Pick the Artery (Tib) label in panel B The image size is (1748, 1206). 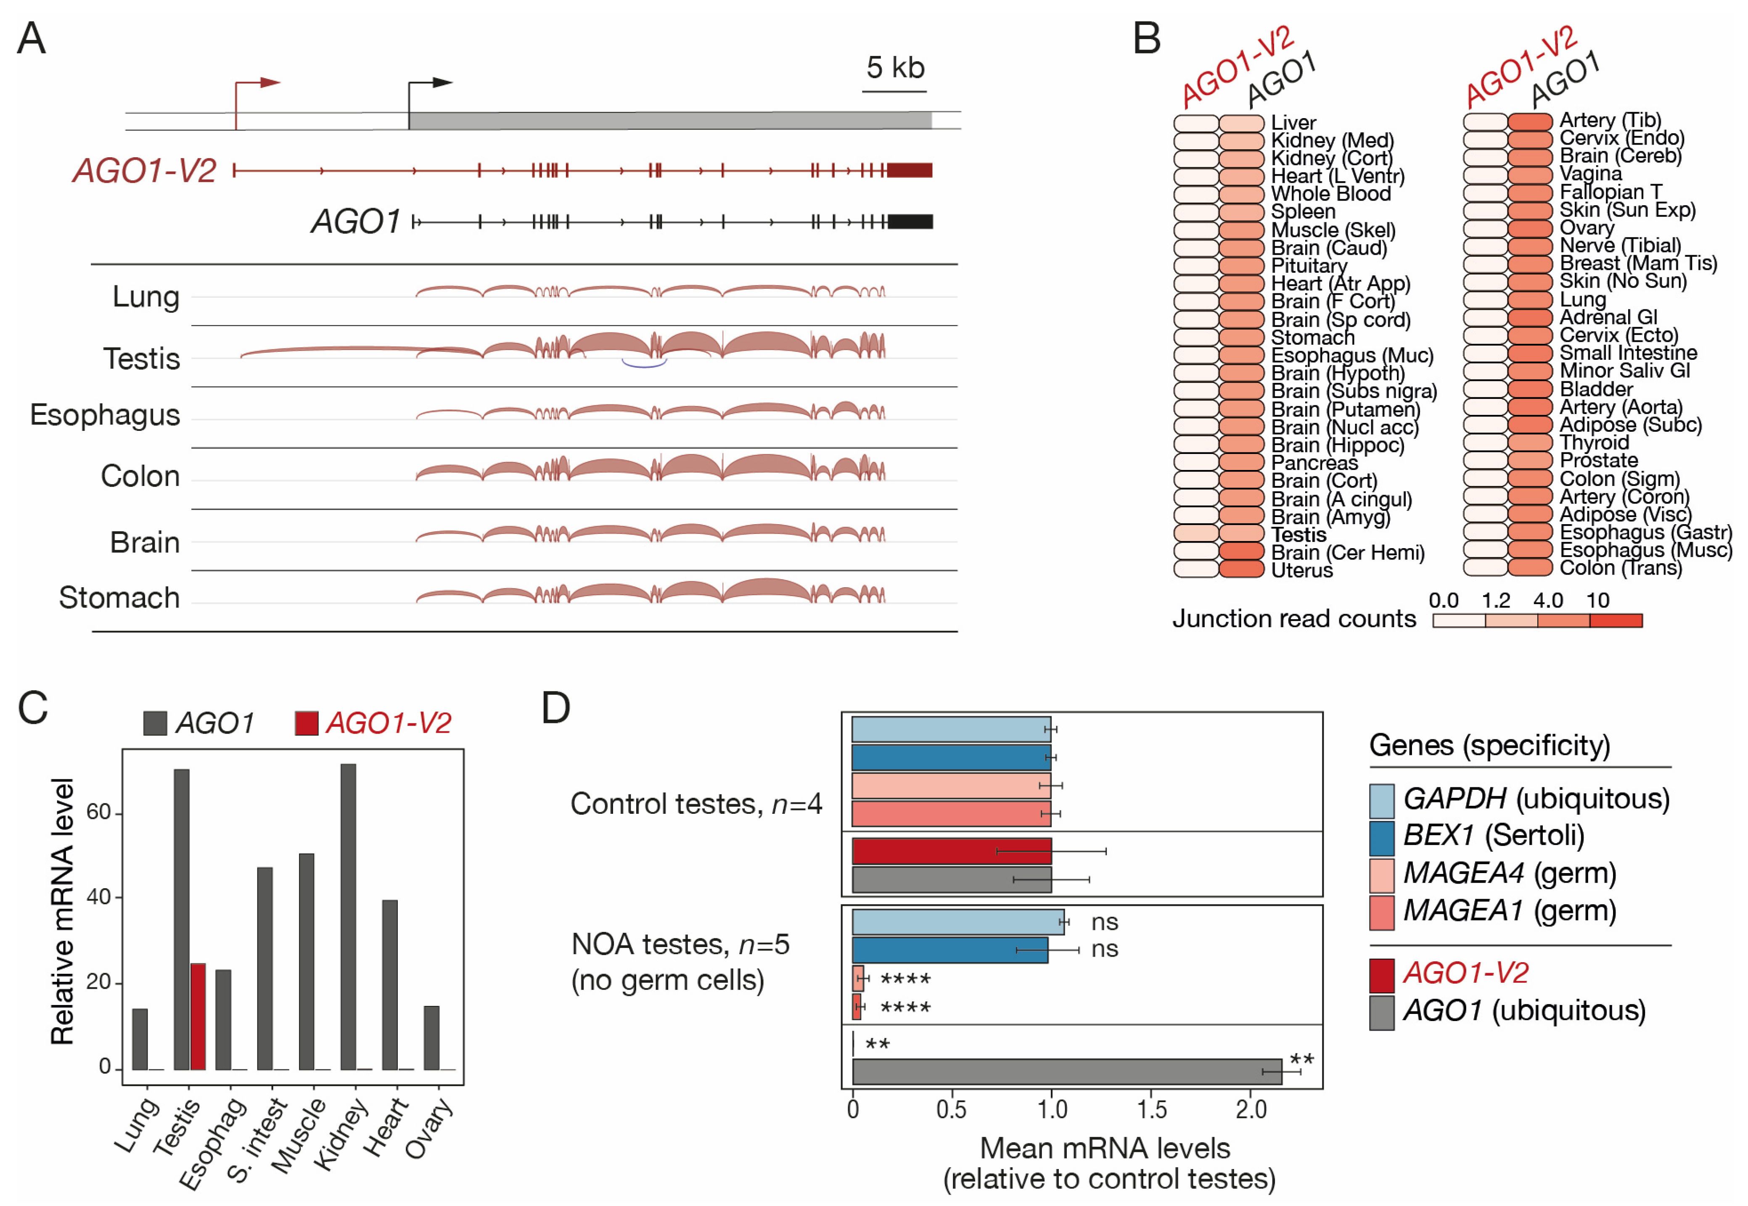[x=1610, y=120]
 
